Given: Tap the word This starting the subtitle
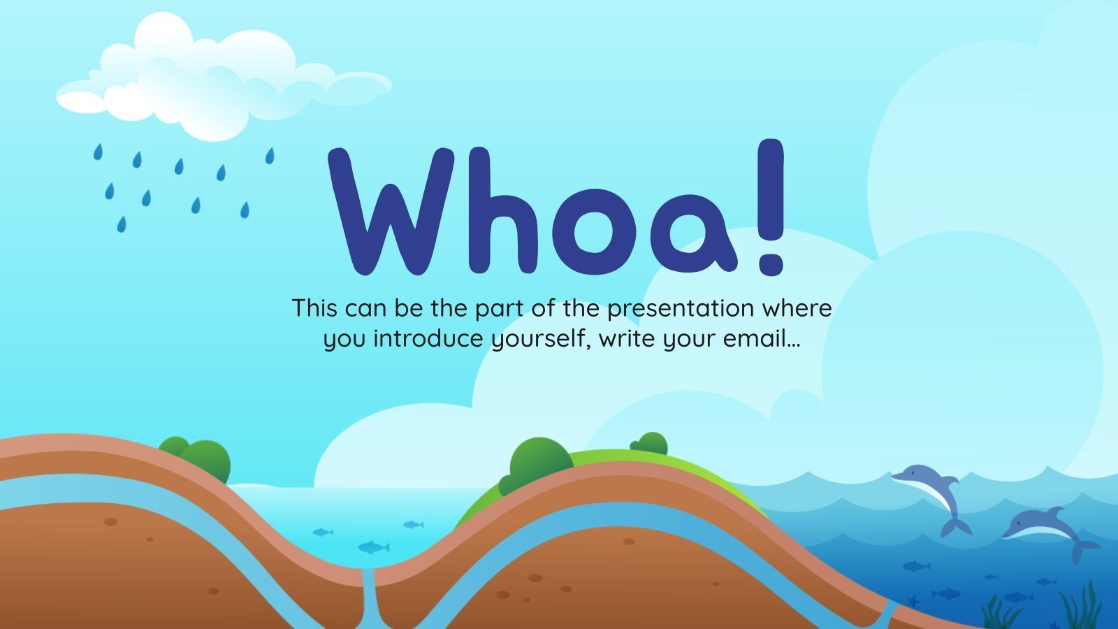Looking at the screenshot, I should pyautogui.click(x=315, y=308).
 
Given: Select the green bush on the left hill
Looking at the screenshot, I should pyautogui.click(x=199, y=458).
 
